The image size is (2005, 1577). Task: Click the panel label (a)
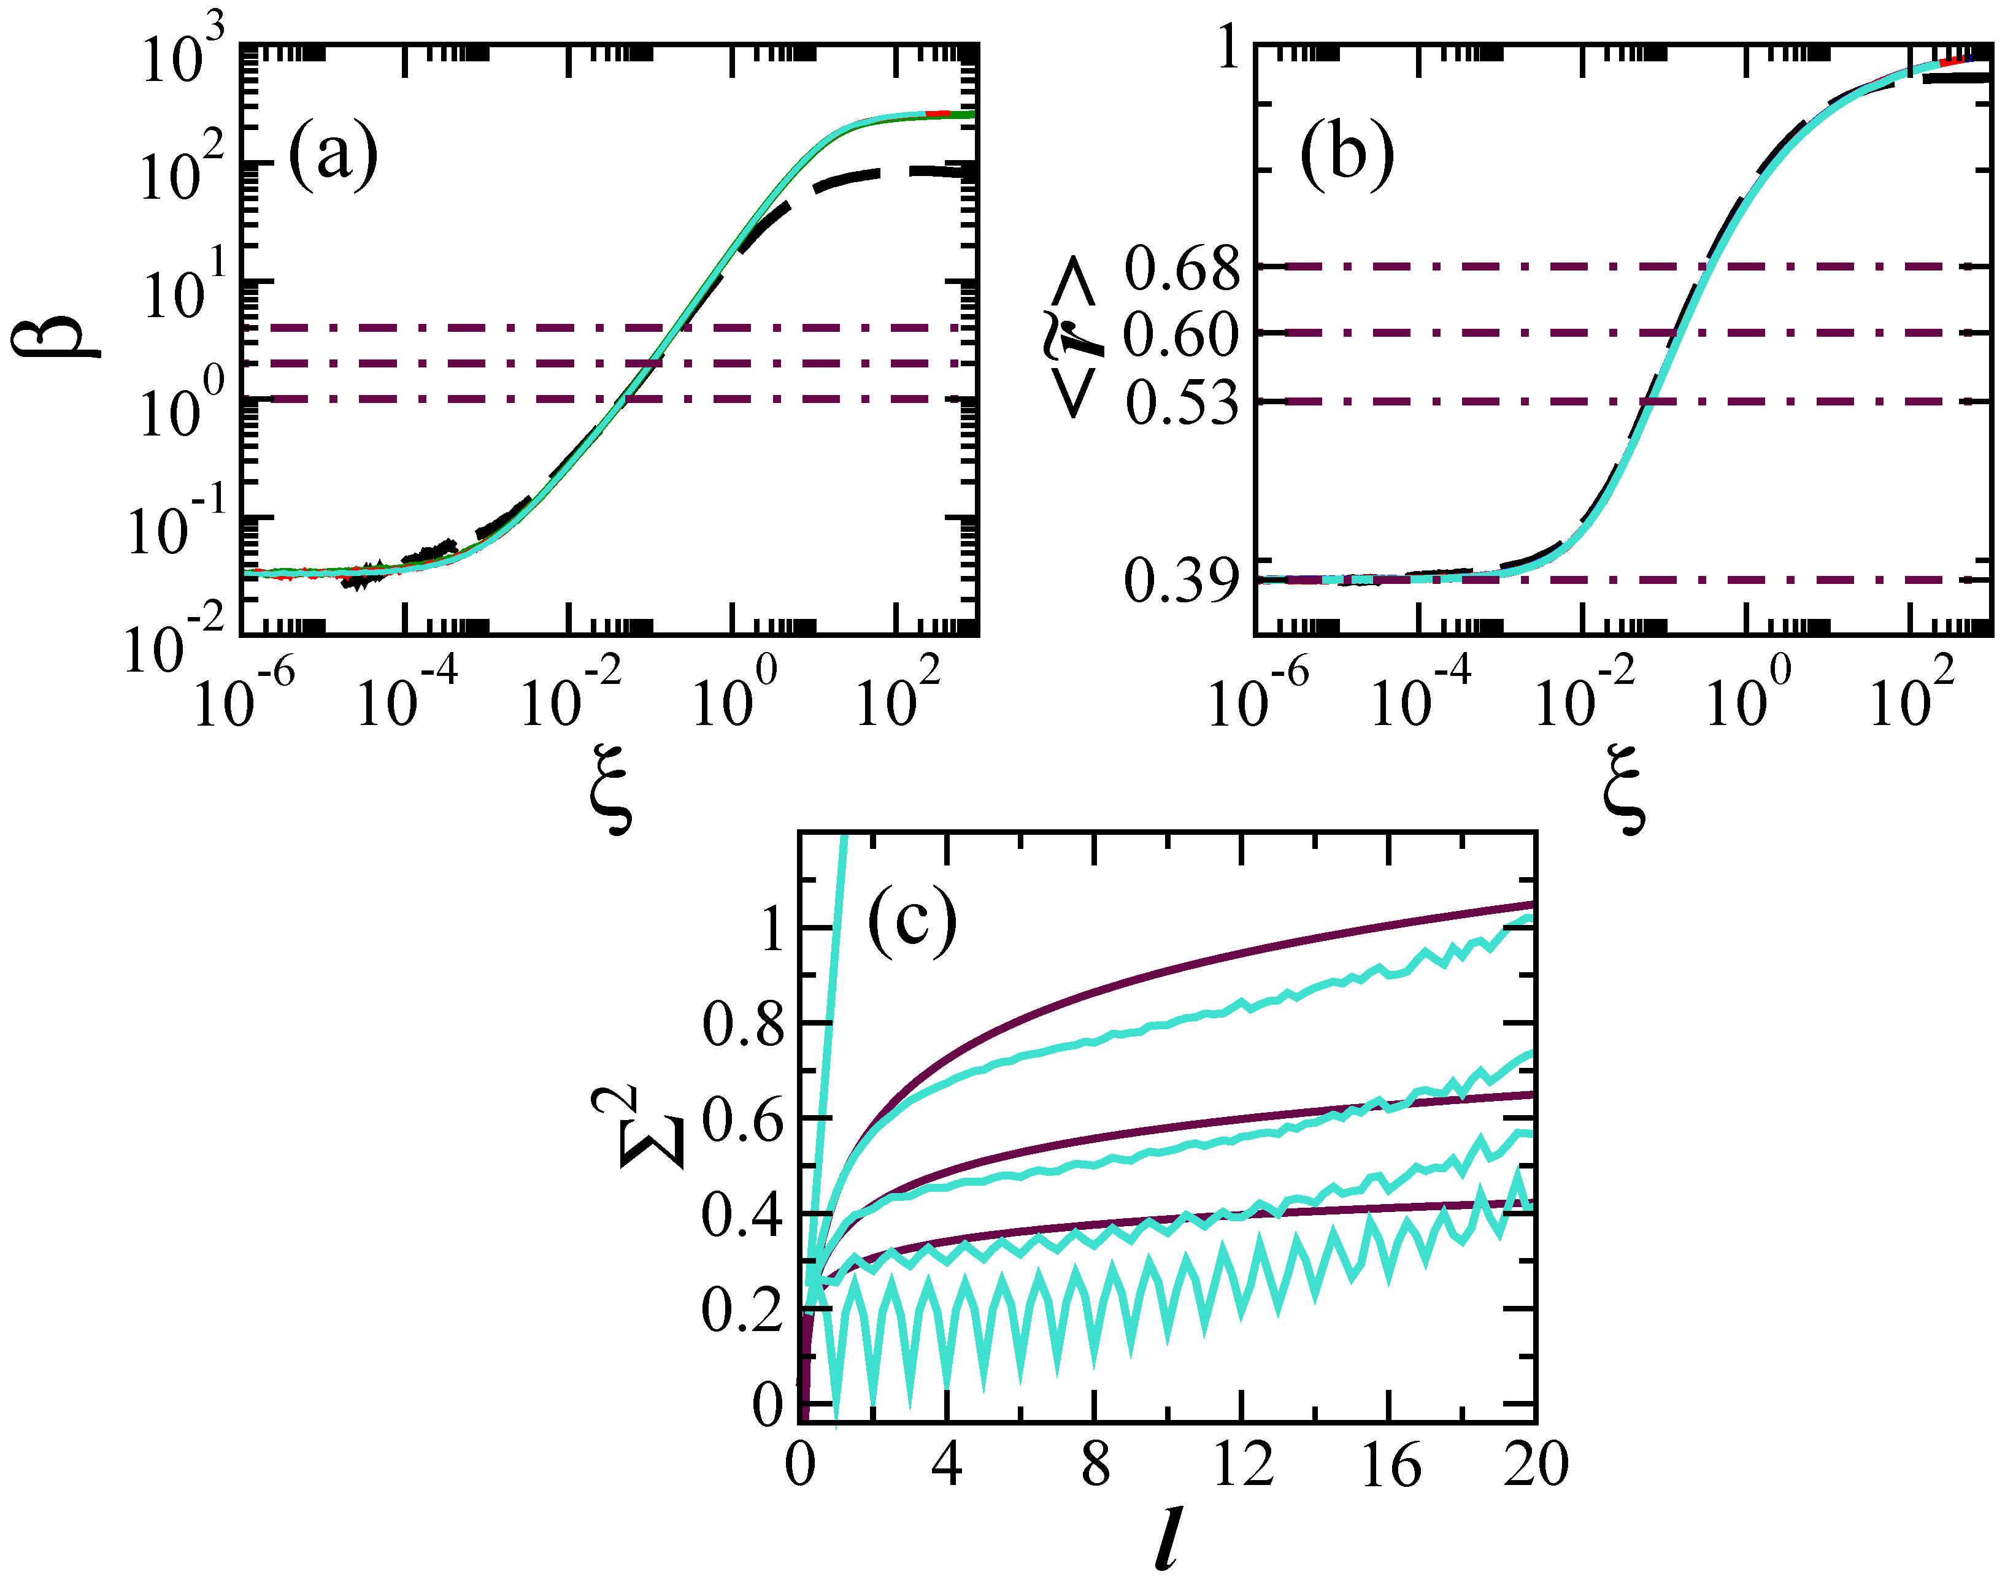tap(333, 155)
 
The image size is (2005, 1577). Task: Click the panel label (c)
tap(912, 923)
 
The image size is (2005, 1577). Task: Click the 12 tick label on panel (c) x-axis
tap(1242, 1465)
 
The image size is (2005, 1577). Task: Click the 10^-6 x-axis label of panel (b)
tap(1257, 697)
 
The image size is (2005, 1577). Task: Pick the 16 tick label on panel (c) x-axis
tap(1390, 1465)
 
